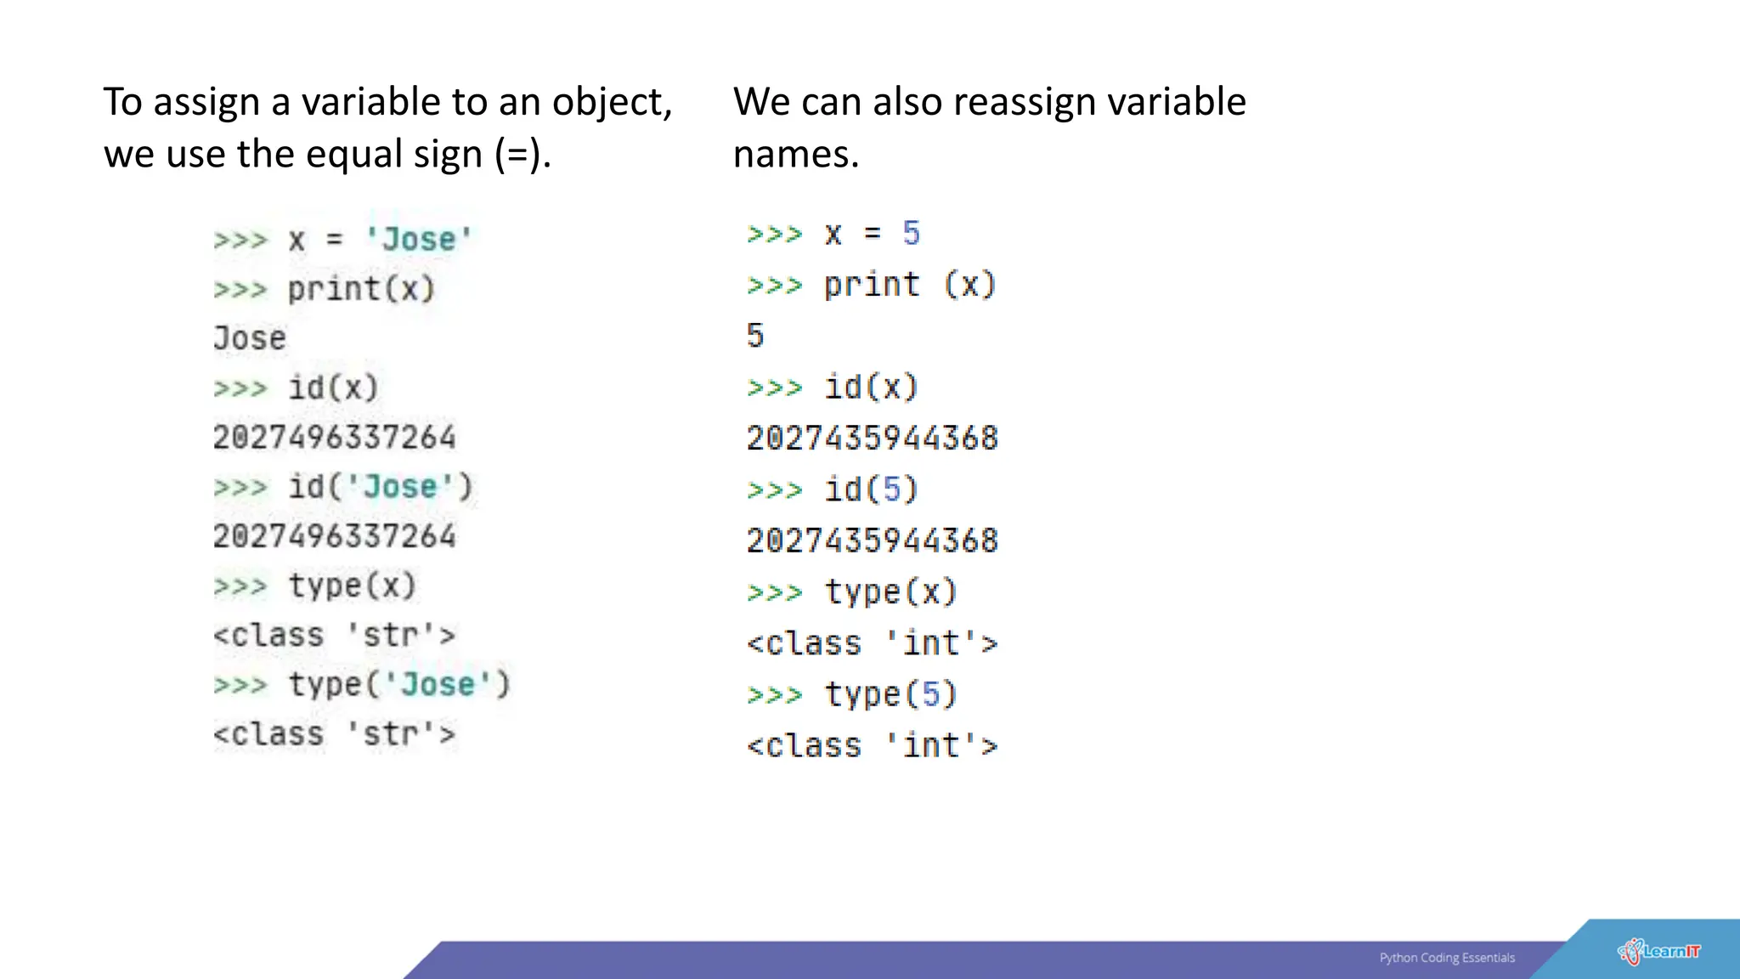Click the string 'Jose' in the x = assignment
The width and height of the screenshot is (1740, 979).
click(419, 239)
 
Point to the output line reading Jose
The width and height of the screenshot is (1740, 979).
click(250, 338)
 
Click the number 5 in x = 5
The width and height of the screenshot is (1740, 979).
click(911, 234)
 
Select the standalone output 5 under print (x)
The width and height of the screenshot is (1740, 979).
click(755, 336)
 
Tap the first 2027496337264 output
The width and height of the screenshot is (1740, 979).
click(334, 438)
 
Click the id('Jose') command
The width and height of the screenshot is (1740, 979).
click(380, 487)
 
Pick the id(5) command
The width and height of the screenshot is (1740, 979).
click(871, 489)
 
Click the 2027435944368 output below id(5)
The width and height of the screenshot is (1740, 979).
click(872, 540)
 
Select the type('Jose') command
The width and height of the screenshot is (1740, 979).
click(398, 685)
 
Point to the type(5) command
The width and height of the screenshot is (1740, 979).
click(890, 694)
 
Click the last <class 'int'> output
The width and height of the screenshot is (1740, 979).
click(872, 746)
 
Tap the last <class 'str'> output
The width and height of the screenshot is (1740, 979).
click(334, 734)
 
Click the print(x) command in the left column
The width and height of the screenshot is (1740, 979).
click(361, 289)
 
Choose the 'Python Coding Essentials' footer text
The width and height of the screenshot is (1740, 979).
click(1447, 958)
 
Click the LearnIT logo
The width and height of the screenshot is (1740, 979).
click(1658, 952)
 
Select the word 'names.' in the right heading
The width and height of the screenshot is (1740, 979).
click(796, 155)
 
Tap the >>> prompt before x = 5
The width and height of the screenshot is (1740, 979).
click(774, 234)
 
